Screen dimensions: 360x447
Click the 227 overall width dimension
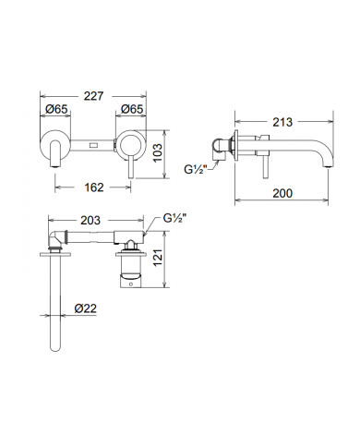[x=93, y=96]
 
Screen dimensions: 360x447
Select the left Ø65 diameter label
[x=55, y=109]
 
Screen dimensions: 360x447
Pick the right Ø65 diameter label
[x=132, y=109]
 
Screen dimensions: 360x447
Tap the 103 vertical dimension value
[x=157, y=152]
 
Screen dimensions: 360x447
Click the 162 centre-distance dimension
[x=94, y=187]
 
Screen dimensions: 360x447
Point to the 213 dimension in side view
[x=282, y=122]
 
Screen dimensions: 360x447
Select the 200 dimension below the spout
[x=282, y=193]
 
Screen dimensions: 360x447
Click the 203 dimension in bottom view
[x=90, y=221]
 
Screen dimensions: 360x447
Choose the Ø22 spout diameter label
[x=85, y=308]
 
